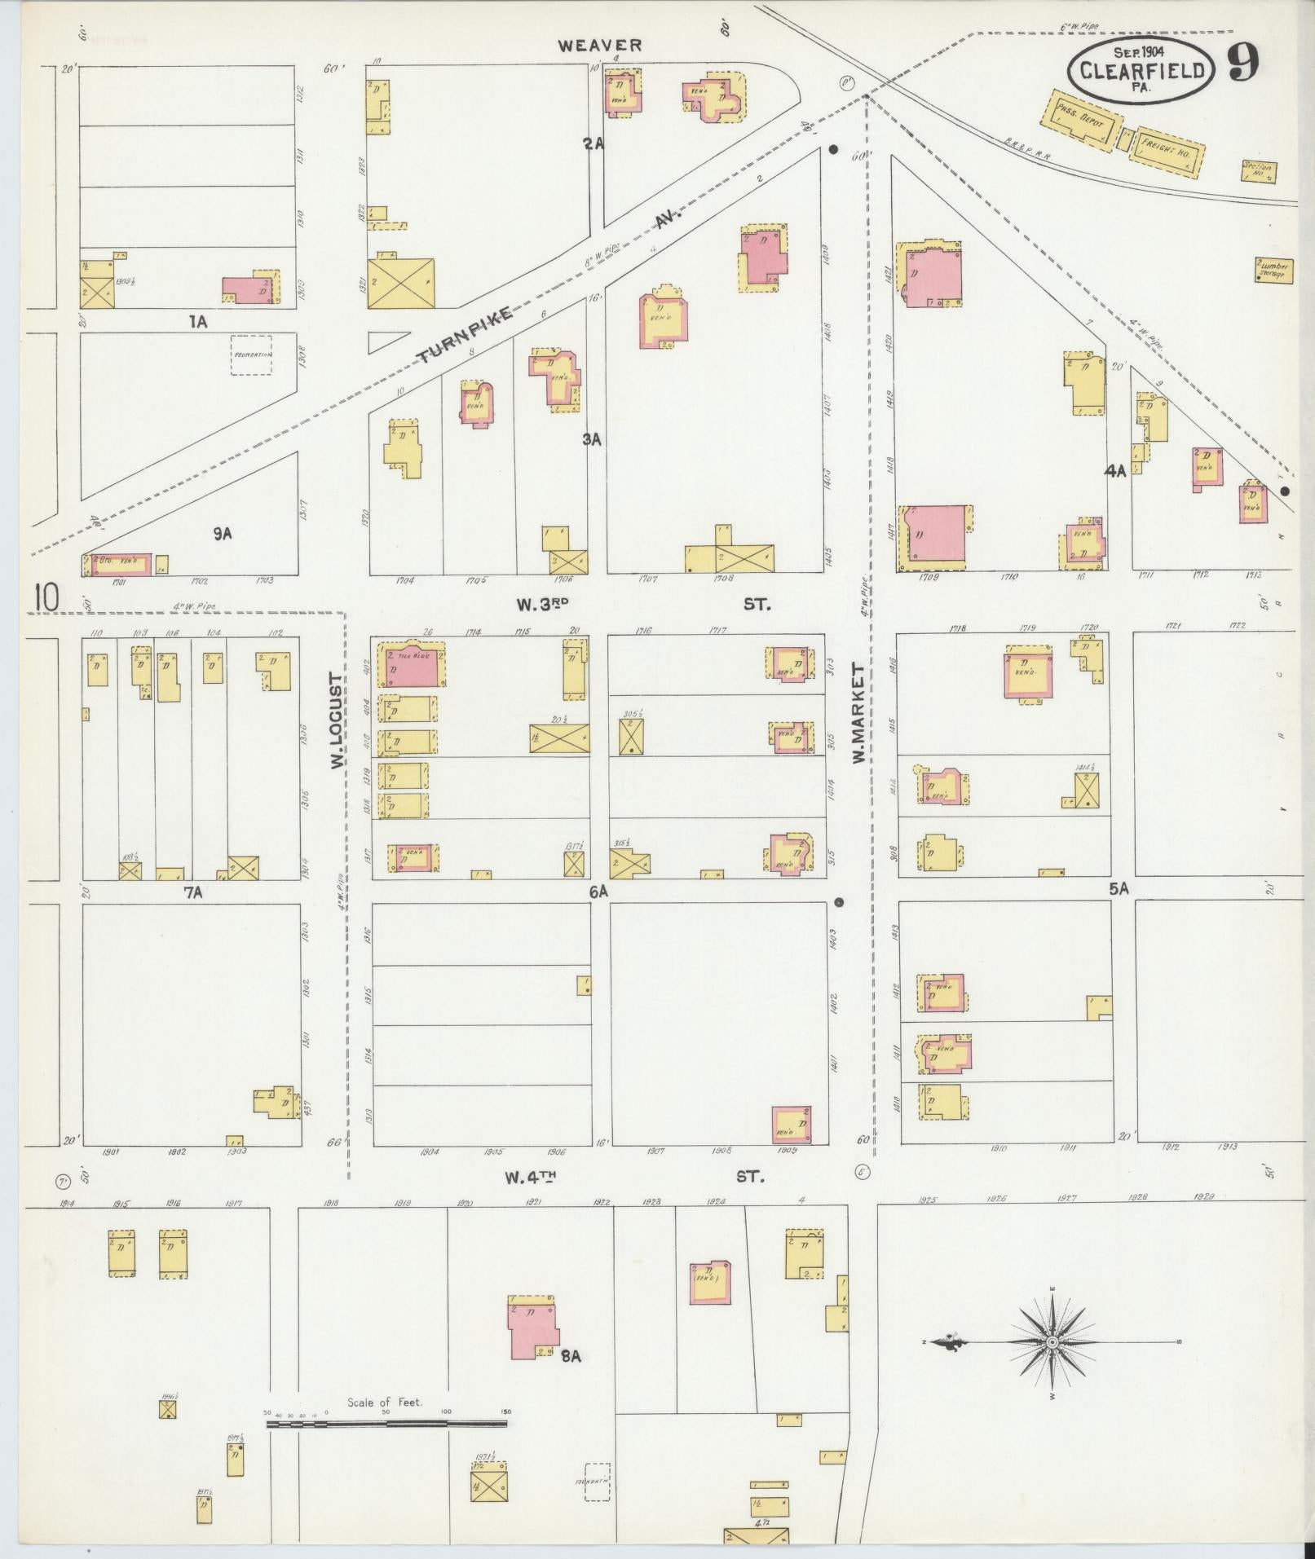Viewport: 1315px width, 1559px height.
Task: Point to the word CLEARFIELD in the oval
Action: pyautogui.click(x=1142, y=70)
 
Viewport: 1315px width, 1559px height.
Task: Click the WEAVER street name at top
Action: pyautogui.click(x=600, y=46)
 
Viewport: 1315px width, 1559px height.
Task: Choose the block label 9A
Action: pyautogui.click(x=223, y=533)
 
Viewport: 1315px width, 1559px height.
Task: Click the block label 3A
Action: pyautogui.click(x=591, y=439)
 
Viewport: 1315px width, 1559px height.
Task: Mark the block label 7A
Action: pyautogui.click(x=192, y=893)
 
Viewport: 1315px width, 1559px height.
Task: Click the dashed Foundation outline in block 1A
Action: pyautogui.click(x=251, y=355)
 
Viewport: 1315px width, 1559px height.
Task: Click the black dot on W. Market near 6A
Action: pyautogui.click(x=839, y=902)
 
